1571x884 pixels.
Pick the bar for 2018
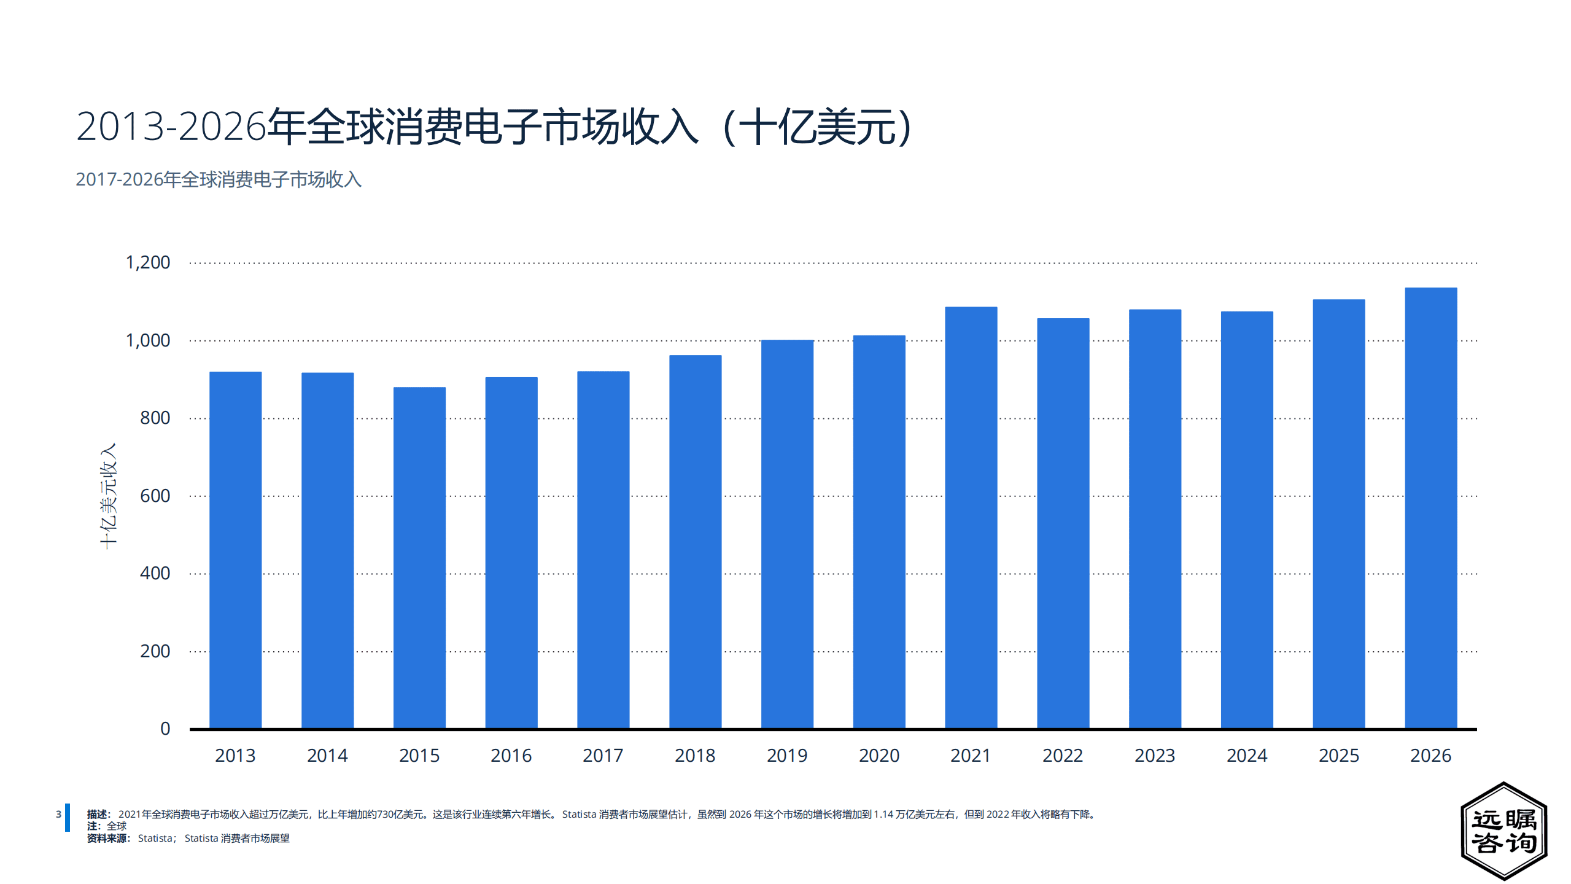(x=695, y=541)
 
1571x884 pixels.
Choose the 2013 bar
(x=235, y=550)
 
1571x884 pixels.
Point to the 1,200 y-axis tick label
(x=148, y=262)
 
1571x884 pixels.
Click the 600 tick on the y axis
(x=155, y=496)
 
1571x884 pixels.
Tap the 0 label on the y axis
(x=165, y=729)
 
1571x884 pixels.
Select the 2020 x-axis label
(x=879, y=756)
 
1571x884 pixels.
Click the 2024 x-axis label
(x=1246, y=756)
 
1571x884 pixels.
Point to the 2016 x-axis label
(x=511, y=756)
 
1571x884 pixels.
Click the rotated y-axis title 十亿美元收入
(x=108, y=496)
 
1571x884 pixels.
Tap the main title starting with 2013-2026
(x=495, y=127)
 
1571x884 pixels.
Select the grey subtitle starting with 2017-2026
(x=219, y=179)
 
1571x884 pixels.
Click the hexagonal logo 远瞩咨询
(x=1503, y=831)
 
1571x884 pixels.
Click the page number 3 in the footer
(x=58, y=814)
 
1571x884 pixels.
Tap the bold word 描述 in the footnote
(x=96, y=814)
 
